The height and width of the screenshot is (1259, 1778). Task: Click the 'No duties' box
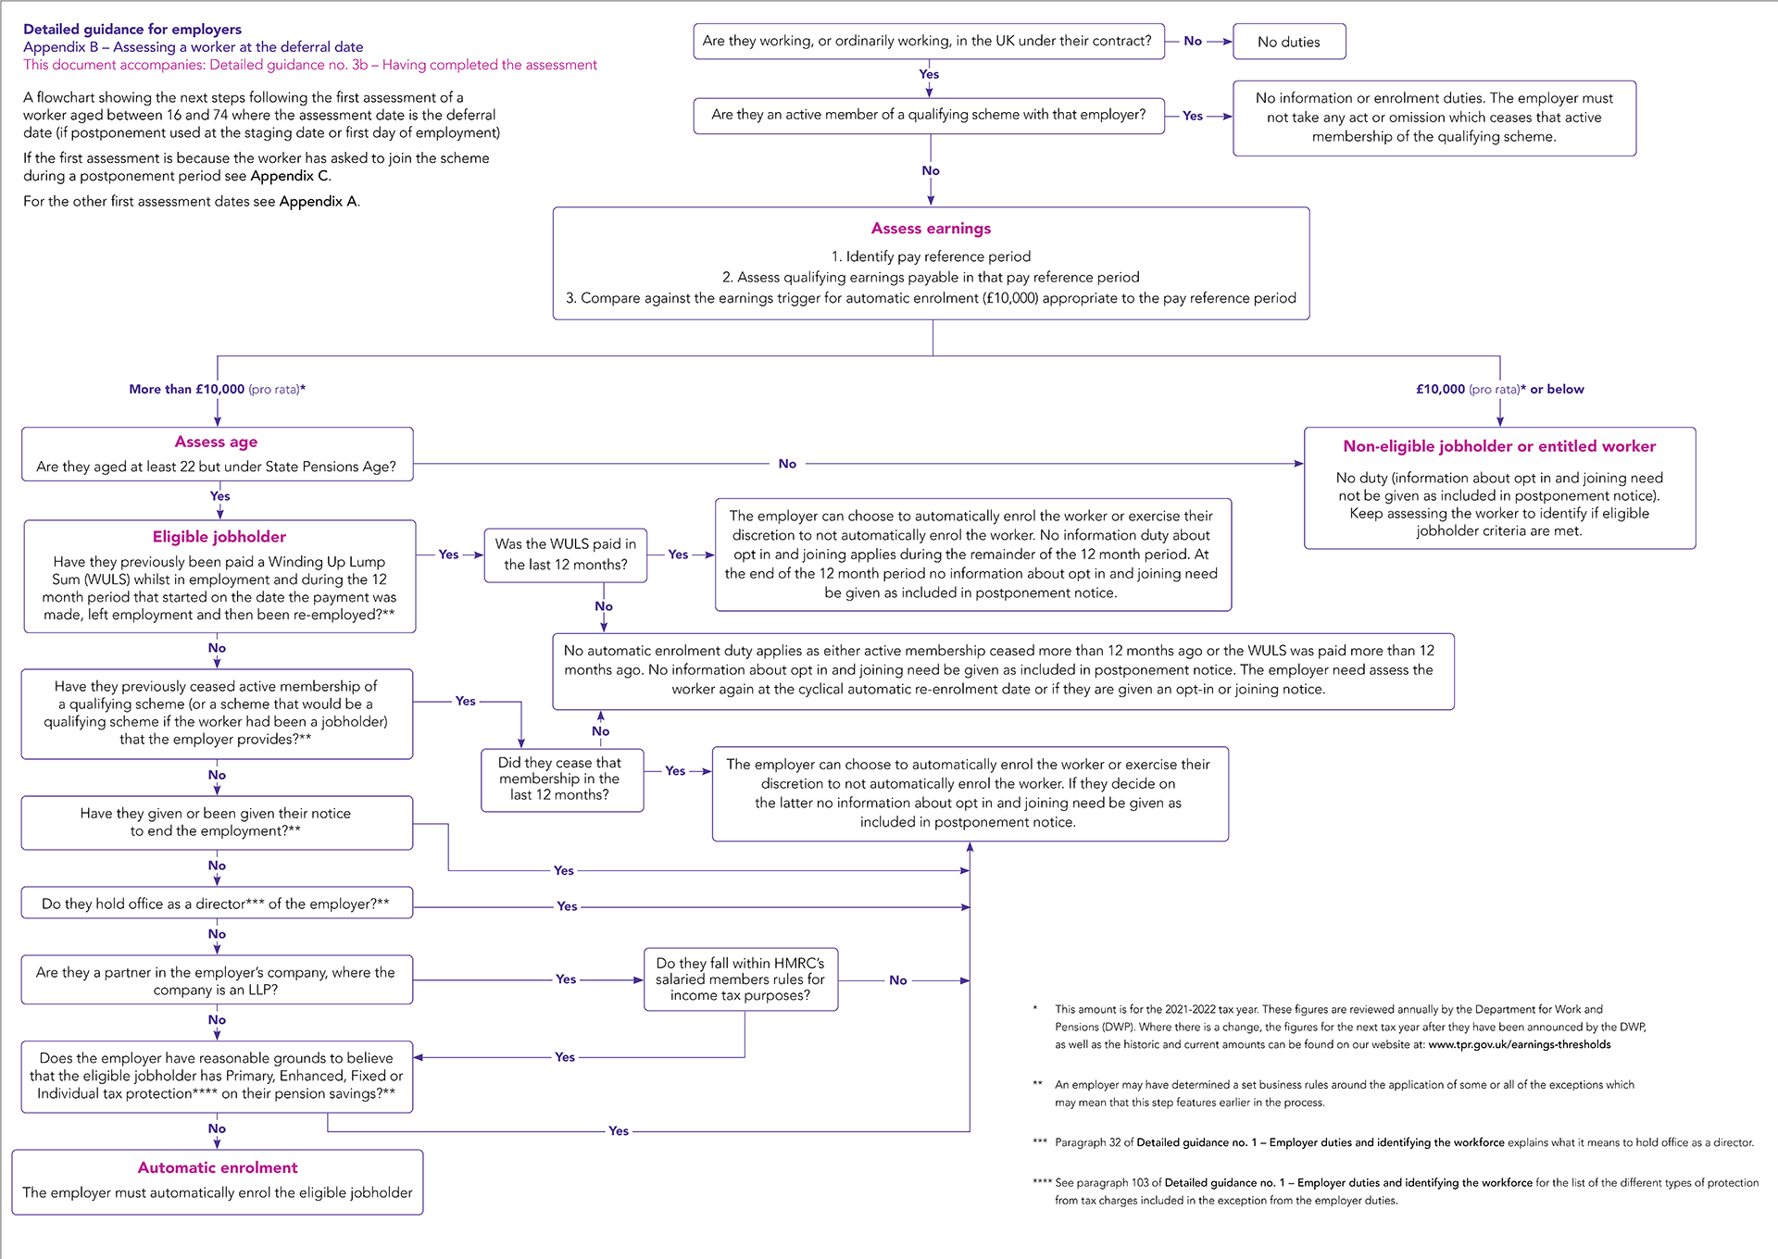(x=1289, y=42)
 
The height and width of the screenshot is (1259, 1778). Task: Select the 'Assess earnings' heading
(x=931, y=229)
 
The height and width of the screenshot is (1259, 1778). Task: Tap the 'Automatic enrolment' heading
(x=218, y=1167)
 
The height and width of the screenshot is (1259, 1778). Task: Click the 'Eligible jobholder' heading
(x=219, y=537)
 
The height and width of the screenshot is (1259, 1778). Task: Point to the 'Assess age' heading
(x=216, y=443)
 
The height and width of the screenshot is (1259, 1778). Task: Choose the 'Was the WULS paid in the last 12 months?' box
(x=565, y=555)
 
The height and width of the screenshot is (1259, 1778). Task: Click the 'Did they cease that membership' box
(x=562, y=779)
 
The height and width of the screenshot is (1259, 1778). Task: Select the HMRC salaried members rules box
(x=741, y=979)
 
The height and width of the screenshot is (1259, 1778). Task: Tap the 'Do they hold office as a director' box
(x=217, y=904)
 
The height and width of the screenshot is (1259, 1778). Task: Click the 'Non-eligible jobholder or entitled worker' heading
(x=1499, y=446)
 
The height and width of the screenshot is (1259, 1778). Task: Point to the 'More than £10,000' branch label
(x=218, y=390)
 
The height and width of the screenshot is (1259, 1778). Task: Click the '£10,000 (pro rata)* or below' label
(x=1500, y=390)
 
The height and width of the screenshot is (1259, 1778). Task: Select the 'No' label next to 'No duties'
(x=1193, y=41)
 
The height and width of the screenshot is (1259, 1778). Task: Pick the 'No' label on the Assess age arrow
(x=787, y=464)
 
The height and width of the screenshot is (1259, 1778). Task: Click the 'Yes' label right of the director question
(x=567, y=906)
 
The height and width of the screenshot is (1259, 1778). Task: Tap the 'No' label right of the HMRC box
(x=898, y=980)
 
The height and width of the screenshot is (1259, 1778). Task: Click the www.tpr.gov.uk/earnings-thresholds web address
(x=1519, y=1045)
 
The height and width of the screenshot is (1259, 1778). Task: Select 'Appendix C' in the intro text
(x=289, y=176)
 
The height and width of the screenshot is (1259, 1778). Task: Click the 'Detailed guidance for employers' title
(x=132, y=30)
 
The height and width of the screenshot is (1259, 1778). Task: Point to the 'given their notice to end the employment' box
(x=217, y=823)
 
